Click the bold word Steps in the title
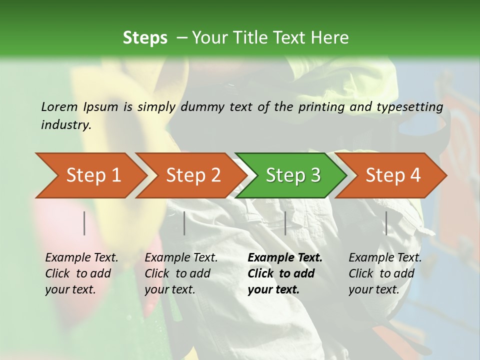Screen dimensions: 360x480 click(145, 38)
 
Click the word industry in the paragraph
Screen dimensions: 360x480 click(65, 124)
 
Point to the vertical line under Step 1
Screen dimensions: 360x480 click(84, 223)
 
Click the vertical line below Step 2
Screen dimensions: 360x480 click(184, 223)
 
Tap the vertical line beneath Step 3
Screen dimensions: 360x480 click(285, 223)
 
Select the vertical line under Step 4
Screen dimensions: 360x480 click(386, 223)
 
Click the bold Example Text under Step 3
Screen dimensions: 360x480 click(285, 257)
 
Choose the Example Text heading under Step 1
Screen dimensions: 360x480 click(81, 257)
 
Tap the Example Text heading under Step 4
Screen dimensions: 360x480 click(385, 257)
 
